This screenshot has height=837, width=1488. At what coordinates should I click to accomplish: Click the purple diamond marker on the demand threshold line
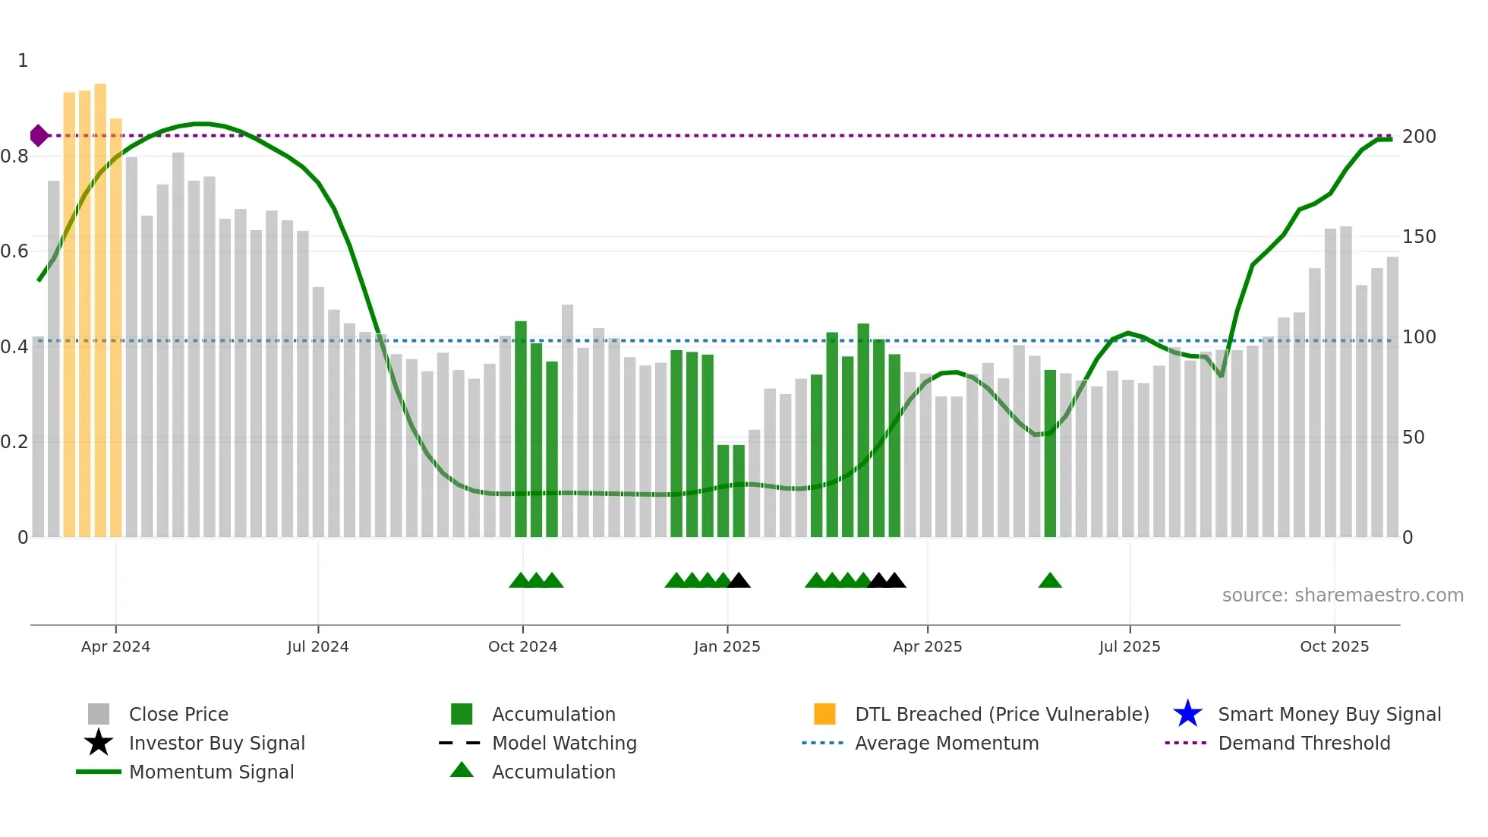[39, 136]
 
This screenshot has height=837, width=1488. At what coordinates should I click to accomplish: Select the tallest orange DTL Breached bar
[100, 304]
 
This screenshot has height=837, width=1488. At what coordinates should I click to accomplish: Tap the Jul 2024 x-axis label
[317, 646]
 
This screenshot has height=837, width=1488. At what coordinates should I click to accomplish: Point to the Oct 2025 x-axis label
[1334, 646]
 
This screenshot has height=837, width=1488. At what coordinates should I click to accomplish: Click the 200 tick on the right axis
[1418, 137]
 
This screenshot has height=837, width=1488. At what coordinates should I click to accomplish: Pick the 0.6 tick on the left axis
[15, 251]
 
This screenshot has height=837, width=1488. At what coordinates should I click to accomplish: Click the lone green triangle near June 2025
[1049, 581]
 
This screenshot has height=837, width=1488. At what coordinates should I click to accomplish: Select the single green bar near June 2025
[1049, 456]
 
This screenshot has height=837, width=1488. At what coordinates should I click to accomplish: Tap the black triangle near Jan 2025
[739, 581]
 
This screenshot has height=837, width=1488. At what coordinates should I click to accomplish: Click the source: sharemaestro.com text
[1342, 595]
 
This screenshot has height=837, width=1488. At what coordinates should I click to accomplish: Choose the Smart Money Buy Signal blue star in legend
[1187, 714]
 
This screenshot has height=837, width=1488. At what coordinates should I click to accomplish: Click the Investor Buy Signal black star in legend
[99, 743]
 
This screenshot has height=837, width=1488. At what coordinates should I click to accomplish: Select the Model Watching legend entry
[564, 743]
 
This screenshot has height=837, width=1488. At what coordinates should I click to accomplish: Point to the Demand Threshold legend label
[1304, 743]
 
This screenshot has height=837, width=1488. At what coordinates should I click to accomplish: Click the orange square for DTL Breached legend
[824, 714]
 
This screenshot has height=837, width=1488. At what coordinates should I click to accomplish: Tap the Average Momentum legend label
[947, 743]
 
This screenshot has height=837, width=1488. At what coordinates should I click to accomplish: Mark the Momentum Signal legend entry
[211, 772]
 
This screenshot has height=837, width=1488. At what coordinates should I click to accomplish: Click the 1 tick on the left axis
[23, 61]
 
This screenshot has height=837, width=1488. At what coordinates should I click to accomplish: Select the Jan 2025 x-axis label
[727, 646]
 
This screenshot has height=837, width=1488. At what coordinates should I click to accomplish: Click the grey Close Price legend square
[99, 714]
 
